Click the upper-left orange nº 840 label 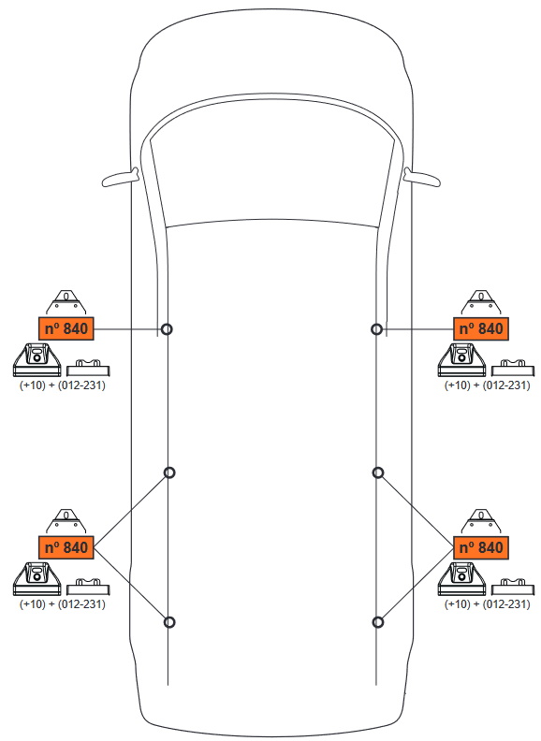(x=66, y=328)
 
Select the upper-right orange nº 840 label (x=481, y=328)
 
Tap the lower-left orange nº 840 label (x=66, y=547)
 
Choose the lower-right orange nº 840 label (x=481, y=547)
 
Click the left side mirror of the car (x=121, y=178)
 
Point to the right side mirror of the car (x=422, y=177)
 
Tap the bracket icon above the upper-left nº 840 (x=66, y=303)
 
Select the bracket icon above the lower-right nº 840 (x=481, y=522)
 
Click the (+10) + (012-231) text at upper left (x=63, y=385)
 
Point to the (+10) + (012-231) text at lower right (x=487, y=604)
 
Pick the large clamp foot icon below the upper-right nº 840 (x=461, y=360)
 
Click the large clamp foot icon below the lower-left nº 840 (x=37, y=579)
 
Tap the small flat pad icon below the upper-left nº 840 (x=88, y=368)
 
